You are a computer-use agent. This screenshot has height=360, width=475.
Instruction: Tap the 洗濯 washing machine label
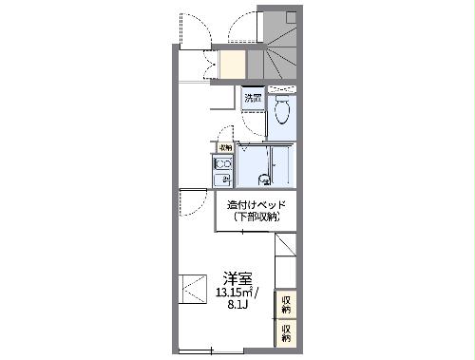[x=252, y=98]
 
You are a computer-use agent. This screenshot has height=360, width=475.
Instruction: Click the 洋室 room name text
[x=237, y=278]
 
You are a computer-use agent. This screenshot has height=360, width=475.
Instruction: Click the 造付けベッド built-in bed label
[x=256, y=205]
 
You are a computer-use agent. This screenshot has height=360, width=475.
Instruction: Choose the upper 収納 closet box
[x=286, y=305]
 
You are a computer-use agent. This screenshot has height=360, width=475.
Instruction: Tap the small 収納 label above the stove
[x=225, y=147]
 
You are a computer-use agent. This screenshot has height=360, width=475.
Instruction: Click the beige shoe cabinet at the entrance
[x=233, y=64]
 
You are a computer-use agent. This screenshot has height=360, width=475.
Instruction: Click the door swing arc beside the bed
[x=193, y=202]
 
